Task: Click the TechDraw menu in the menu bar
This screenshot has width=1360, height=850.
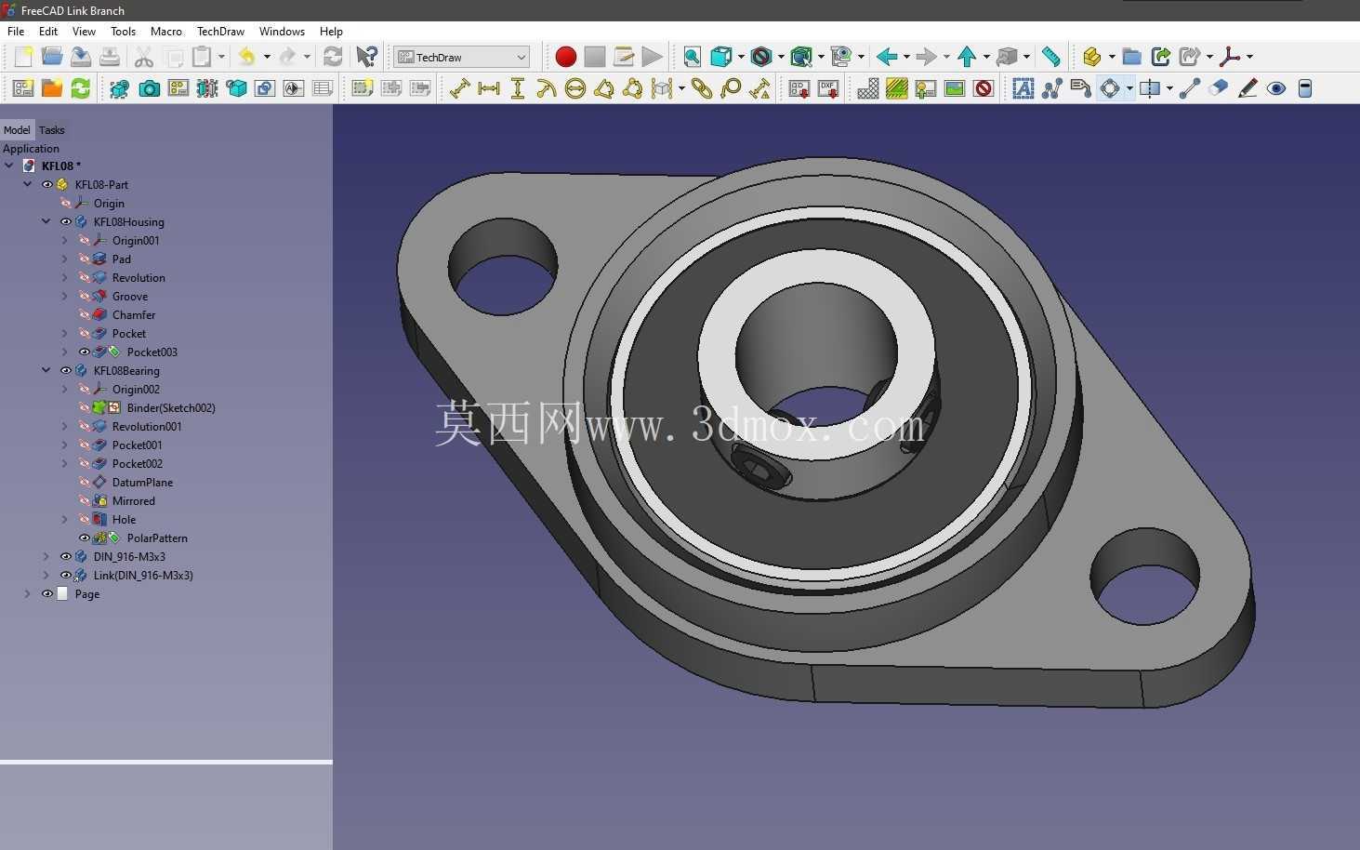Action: tap(220, 31)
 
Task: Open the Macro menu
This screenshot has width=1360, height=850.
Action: tap(165, 31)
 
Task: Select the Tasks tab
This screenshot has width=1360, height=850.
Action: tap(52, 129)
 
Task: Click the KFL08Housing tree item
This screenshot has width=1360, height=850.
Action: tap(128, 221)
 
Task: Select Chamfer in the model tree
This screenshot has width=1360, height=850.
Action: tap(134, 314)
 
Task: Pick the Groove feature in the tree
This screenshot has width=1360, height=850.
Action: tap(130, 296)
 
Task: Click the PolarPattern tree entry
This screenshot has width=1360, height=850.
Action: tap(157, 538)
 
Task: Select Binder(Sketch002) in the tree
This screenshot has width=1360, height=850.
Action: tap(171, 407)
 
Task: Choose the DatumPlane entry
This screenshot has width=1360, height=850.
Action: tap(142, 482)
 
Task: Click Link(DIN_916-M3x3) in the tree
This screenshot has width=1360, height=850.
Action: tap(143, 575)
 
